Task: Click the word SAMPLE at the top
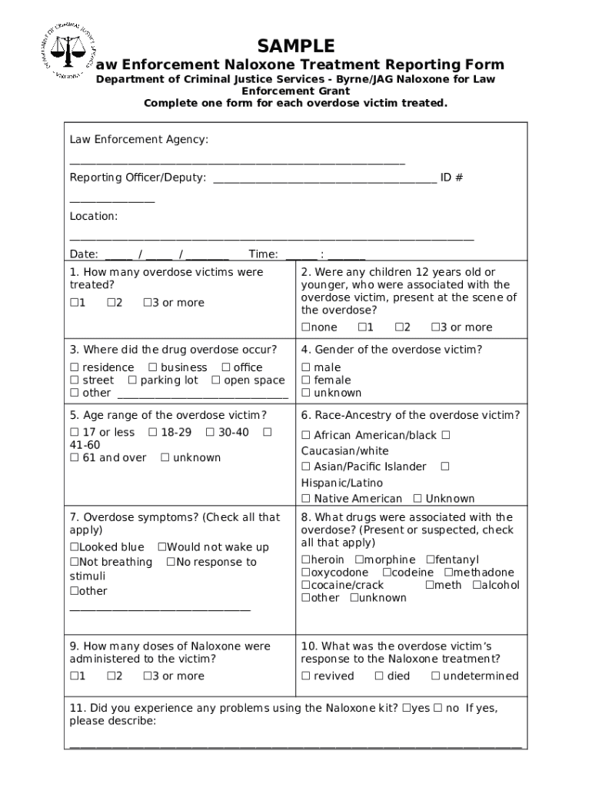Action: point(296,45)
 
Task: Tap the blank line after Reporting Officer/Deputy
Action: point(324,178)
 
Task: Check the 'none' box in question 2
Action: point(305,327)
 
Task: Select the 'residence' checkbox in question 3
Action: point(75,368)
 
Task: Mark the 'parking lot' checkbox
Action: point(133,380)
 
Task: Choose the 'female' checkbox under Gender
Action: point(306,380)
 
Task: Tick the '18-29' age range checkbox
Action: point(152,433)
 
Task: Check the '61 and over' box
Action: point(75,458)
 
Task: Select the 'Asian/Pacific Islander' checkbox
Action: point(306,467)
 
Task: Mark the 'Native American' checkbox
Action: point(306,499)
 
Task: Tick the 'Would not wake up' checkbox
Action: point(161,547)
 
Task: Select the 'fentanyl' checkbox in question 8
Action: point(430,560)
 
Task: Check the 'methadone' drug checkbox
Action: point(448,573)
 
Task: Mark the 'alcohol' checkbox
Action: point(476,586)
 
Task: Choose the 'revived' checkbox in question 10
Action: point(305,676)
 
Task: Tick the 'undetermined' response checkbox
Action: point(435,676)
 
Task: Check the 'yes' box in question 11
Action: point(405,709)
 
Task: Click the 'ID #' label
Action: point(451,178)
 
